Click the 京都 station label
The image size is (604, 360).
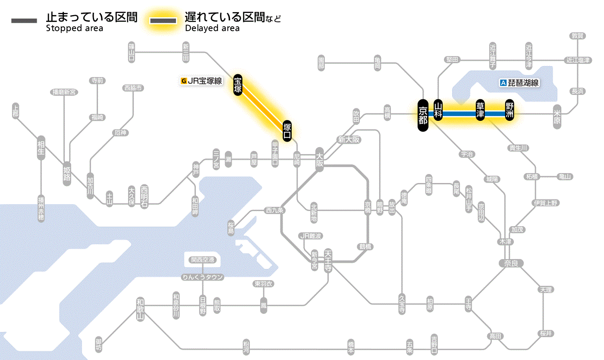click(423, 115)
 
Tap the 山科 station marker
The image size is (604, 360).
click(438, 111)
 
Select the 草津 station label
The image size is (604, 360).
click(480, 111)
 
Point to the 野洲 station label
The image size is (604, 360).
click(510, 111)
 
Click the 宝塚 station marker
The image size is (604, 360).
click(238, 85)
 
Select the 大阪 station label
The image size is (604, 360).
click(319, 160)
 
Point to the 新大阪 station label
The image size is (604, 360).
click(349, 140)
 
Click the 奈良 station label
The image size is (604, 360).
click(511, 263)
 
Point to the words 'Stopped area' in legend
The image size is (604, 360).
click(74, 28)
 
